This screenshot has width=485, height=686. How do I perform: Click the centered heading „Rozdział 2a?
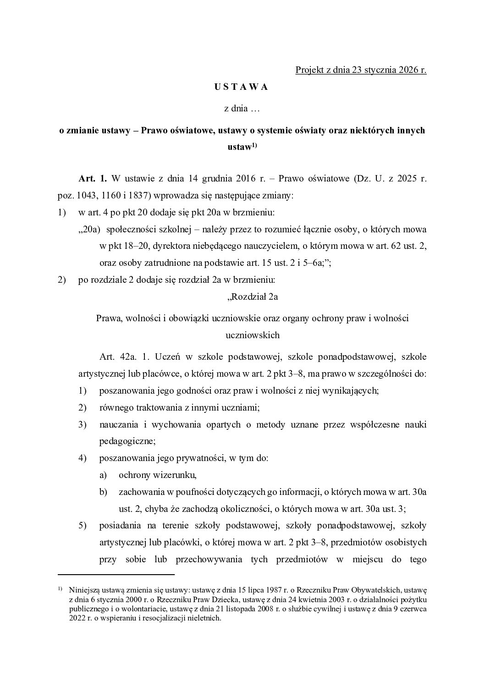pyautogui.click(x=252, y=296)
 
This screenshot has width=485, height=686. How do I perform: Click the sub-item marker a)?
pyautogui.click(x=103, y=475)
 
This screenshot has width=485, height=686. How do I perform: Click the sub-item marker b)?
pyautogui.click(x=103, y=492)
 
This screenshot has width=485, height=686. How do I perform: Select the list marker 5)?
pyautogui.click(x=83, y=525)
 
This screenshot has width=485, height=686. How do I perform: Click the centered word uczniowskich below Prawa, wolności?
pyautogui.click(x=252, y=335)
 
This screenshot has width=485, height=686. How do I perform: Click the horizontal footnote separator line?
pyautogui.click(x=116, y=574)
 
